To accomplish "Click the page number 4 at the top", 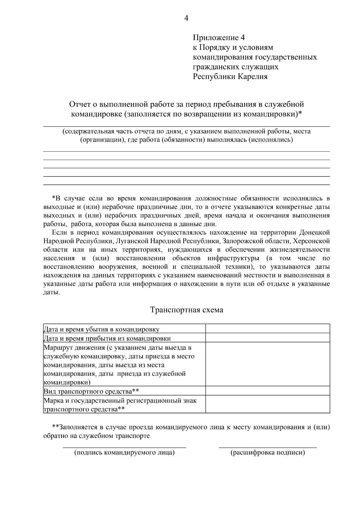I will [x=186, y=19].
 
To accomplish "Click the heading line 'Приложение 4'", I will [x=219, y=38].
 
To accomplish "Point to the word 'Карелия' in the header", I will [x=253, y=77].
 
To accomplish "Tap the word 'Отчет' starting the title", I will [x=79, y=104].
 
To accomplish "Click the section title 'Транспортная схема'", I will [x=186, y=310].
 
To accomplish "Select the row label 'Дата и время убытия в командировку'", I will [x=101, y=329].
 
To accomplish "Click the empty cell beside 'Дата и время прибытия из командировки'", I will [x=267, y=338].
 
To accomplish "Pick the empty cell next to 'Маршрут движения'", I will [x=267, y=364].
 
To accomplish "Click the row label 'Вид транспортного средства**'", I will [x=91, y=391].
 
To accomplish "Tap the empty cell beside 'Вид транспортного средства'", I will [x=267, y=391].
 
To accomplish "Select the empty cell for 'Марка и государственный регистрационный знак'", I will [x=267, y=404].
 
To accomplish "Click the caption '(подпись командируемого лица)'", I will [x=124, y=452].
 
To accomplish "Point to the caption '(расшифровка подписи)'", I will [x=268, y=452].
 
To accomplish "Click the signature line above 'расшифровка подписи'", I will [x=268, y=448].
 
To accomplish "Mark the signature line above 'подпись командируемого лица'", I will [x=124, y=448].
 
